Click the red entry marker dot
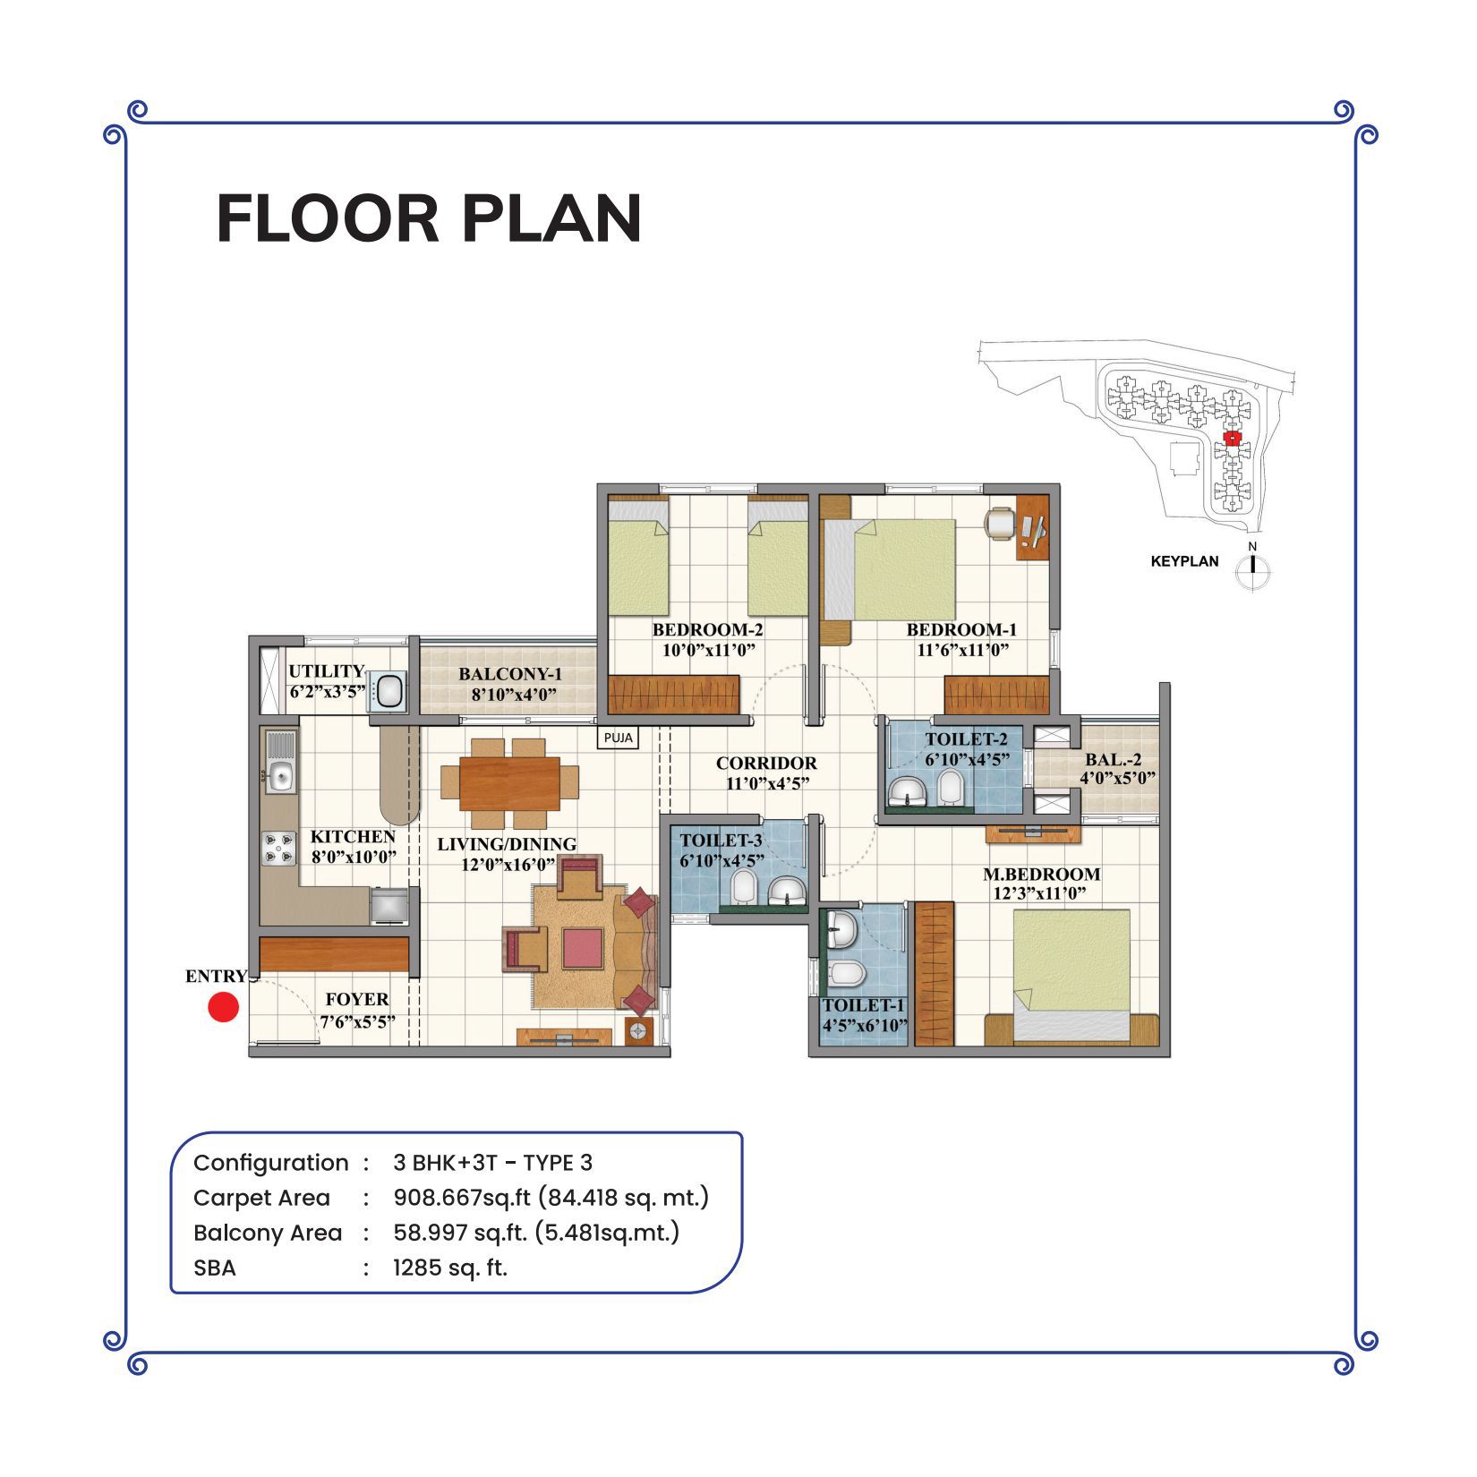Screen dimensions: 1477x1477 point(223,1007)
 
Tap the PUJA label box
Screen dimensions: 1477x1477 point(619,738)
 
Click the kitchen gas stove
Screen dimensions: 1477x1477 point(278,849)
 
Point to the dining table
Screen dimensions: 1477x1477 point(509,783)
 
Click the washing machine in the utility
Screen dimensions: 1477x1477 point(389,691)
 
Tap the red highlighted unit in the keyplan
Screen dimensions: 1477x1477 point(1233,438)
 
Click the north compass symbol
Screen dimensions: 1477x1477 point(1253,567)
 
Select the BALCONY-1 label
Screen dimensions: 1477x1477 point(510,674)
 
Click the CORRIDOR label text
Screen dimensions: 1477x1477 point(766,764)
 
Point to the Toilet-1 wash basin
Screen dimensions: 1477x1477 point(841,930)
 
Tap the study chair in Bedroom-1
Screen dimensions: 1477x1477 point(999,522)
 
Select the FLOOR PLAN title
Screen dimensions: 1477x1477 point(430,218)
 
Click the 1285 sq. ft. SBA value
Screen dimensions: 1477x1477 point(450,1268)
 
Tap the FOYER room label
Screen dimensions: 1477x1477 point(357,999)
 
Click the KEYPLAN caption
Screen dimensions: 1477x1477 point(1184,562)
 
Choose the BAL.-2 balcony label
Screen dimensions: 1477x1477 point(1114,760)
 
